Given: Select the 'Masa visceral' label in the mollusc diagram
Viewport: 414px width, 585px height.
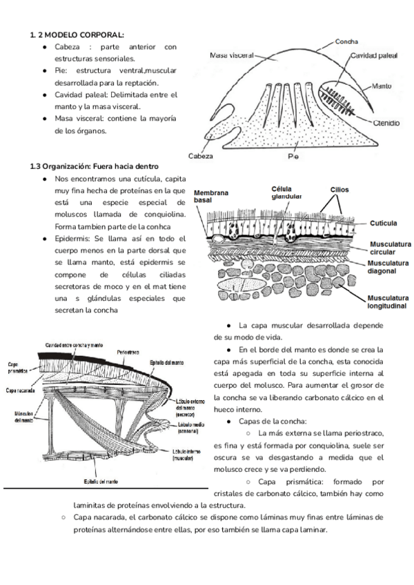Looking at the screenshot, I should coord(230,54).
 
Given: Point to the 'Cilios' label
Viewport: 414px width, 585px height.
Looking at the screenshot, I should coord(340,188).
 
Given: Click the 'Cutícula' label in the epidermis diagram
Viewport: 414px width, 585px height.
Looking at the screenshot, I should coord(382,224).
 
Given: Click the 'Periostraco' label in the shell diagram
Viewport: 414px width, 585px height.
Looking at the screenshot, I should coord(130,351).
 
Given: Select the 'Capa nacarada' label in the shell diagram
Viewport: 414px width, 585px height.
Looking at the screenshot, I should coord(23,389).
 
